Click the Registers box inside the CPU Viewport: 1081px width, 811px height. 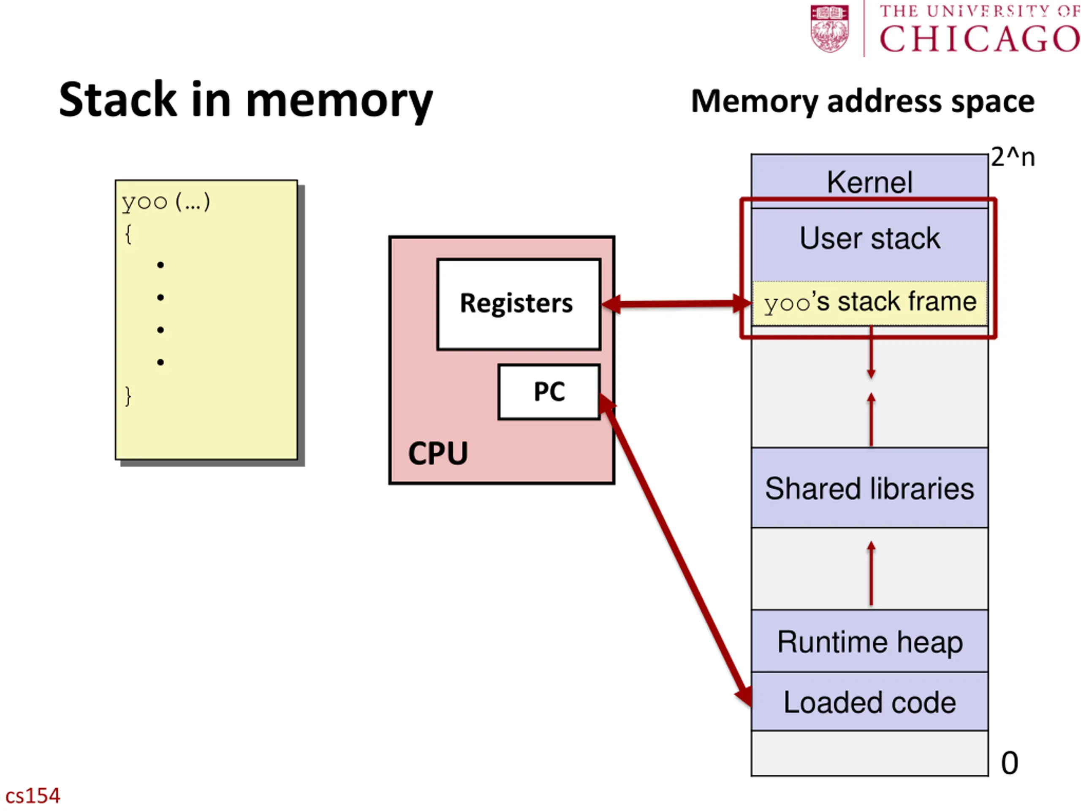click(519, 304)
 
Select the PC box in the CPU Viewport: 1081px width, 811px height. click(549, 392)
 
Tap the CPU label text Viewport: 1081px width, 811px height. click(438, 453)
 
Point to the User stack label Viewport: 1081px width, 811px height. click(869, 239)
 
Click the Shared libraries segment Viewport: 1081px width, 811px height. click(869, 487)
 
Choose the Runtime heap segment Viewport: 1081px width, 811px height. click(869, 641)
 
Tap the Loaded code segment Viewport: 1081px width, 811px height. click(869, 702)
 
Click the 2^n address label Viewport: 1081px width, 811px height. click(1013, 158)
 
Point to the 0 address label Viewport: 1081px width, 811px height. click(1009, 762)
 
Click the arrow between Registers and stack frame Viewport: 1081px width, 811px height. click(676, 304)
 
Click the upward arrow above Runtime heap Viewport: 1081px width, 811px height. click(871, 573)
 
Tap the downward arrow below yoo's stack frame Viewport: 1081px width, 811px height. click(871, 352)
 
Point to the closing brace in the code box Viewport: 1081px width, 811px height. click(128, 396)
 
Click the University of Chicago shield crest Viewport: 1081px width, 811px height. click(829, 28)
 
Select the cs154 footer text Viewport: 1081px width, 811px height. click(32, 795)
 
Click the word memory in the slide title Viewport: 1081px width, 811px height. click(339, 101)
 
